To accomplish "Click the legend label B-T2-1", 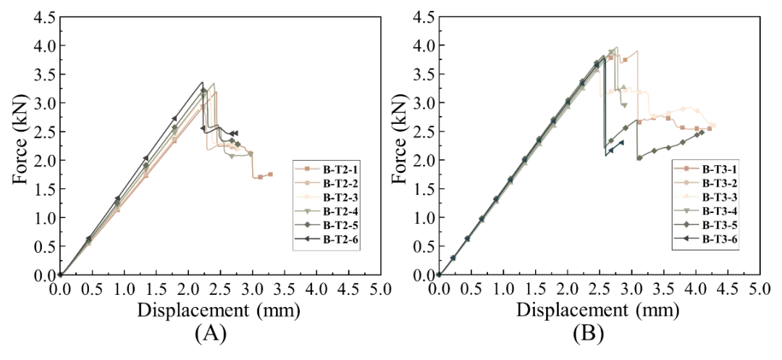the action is tap(340, 169).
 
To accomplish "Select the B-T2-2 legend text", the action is tap(340, 183).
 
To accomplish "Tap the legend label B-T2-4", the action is tap(340, 211).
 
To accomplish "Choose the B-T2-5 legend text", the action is tap(340, 225).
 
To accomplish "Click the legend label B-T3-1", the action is tap(719, 169).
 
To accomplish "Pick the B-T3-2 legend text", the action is tap(719, 183).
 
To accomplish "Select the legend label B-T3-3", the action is tap(719, 197).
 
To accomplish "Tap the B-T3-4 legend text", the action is tap(719, 211).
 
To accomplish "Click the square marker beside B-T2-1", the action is tap(306, 169).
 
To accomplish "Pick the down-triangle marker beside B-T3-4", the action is tap(686, 211).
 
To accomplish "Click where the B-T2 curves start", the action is tap(61, 275).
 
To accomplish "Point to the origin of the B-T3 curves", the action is tap(438, 275).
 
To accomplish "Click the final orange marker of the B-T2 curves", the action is tap(269, 175).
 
